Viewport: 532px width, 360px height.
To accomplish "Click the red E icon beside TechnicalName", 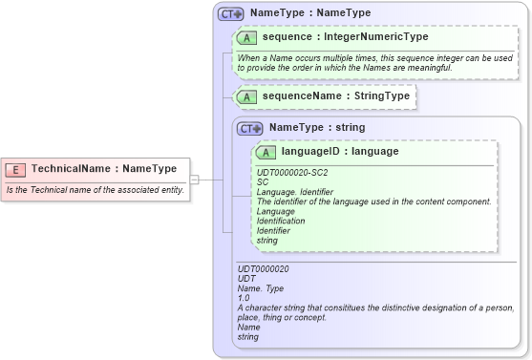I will [x=15, y=169].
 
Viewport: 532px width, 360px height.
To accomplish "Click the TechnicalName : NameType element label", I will [x=103, y=169].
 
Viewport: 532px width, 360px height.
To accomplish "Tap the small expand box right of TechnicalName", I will [x=194, y=179].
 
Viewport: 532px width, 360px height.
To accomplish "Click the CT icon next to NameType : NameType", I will [x=230, y=14].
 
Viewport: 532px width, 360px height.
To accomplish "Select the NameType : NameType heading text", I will [x=309, y=14].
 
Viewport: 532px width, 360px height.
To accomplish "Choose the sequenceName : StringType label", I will [x=335, y=96].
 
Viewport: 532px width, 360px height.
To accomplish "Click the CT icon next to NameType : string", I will [x=249, y=128].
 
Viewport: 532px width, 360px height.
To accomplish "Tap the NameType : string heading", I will [x=316, y=128].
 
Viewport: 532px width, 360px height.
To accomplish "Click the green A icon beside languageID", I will [x=266, y=152].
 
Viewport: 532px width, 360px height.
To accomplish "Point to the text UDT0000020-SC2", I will [x=292, y=172].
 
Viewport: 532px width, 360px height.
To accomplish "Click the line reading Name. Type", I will [x=261, y=288].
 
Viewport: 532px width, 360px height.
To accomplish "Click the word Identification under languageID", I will [x=281, y=221].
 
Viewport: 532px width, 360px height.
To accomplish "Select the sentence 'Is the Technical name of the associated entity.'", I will [x=95, y=190].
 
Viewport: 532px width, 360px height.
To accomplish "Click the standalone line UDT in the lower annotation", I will [x=245, y=279].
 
